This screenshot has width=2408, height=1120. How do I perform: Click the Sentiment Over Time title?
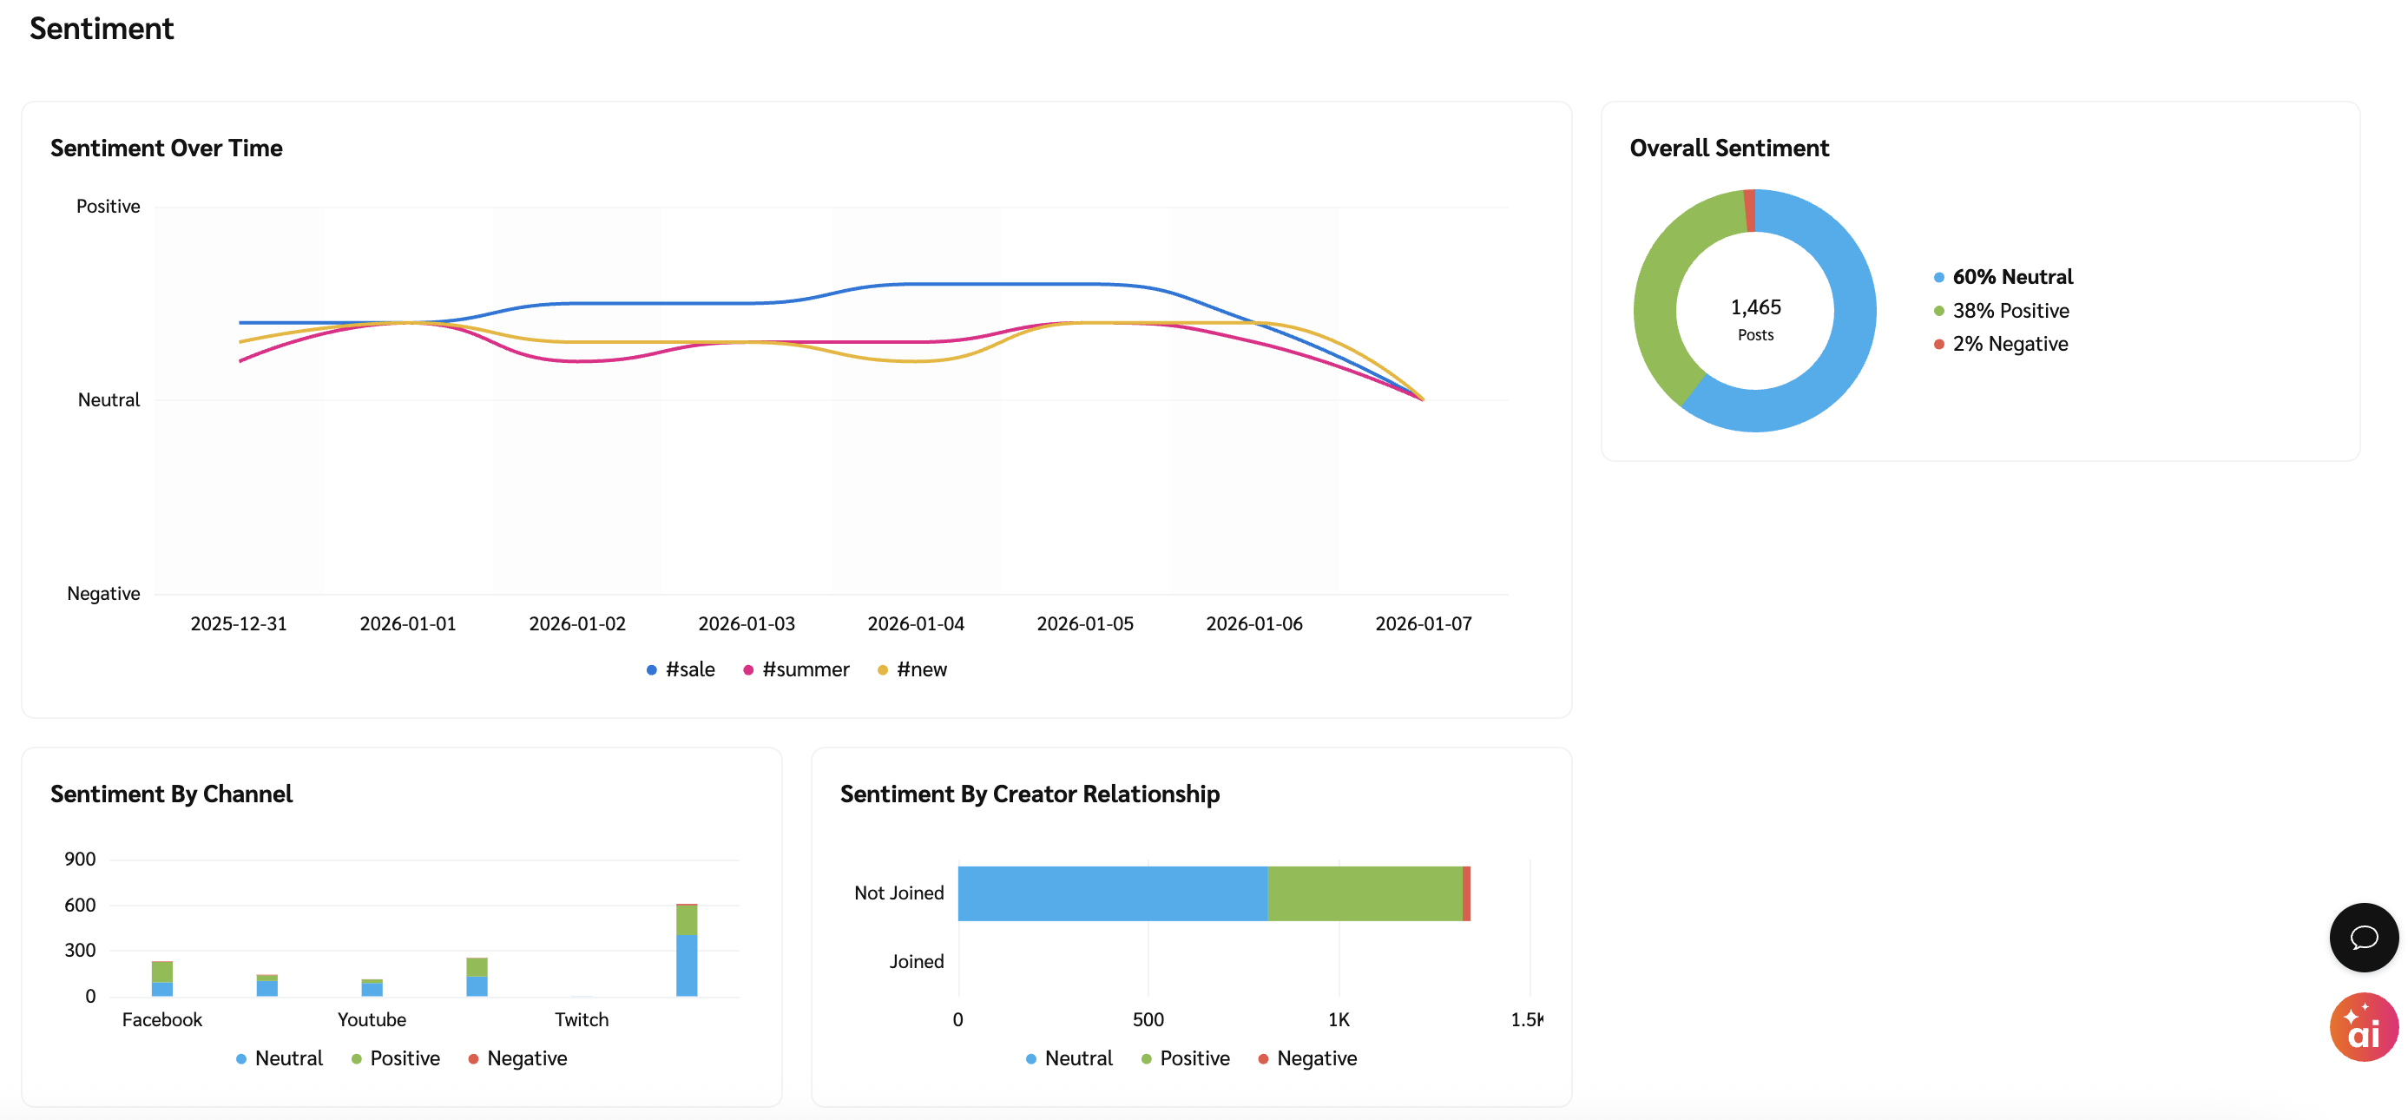(167, 148)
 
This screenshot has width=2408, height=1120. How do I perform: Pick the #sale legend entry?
(681, 669)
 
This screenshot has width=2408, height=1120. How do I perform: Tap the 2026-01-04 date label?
(915, 623)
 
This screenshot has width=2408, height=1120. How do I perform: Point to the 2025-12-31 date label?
(239, 623)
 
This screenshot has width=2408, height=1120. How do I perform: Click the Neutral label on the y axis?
(109, 400)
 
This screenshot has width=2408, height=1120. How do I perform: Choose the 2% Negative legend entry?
(2002, 344)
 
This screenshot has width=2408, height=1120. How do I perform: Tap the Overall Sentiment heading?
(1728, 148)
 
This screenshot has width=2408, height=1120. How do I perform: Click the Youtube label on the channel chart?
(372, 1019)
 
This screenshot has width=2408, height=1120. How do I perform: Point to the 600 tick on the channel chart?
(81, 905)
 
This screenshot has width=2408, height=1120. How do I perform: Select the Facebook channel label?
(161, 1019)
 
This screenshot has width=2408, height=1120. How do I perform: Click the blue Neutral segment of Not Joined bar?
(1112, 893)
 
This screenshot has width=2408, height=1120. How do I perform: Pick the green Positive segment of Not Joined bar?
(1365, 893)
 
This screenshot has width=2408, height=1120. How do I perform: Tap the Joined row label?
(916, 961)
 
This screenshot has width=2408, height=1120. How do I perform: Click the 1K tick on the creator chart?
(1339, 1019)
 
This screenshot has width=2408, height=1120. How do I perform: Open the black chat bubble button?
(2363, 937)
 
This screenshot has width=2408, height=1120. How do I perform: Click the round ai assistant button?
(2363, 1026)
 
